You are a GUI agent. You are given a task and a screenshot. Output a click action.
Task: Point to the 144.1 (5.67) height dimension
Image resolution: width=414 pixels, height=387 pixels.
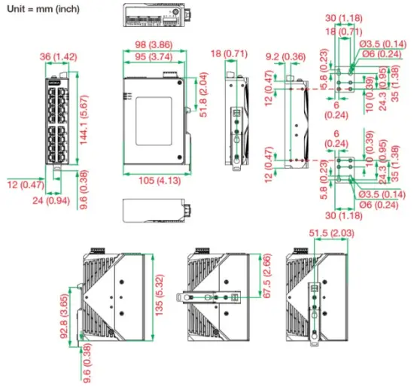point(88,117)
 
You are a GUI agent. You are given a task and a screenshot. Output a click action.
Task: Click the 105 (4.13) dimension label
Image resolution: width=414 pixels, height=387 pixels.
point(157,180)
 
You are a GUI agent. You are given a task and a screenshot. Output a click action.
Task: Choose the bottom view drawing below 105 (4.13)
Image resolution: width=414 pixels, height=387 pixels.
point(155,209)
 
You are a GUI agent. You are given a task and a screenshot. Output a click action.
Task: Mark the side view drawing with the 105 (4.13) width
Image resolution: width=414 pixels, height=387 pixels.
point(152,120)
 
